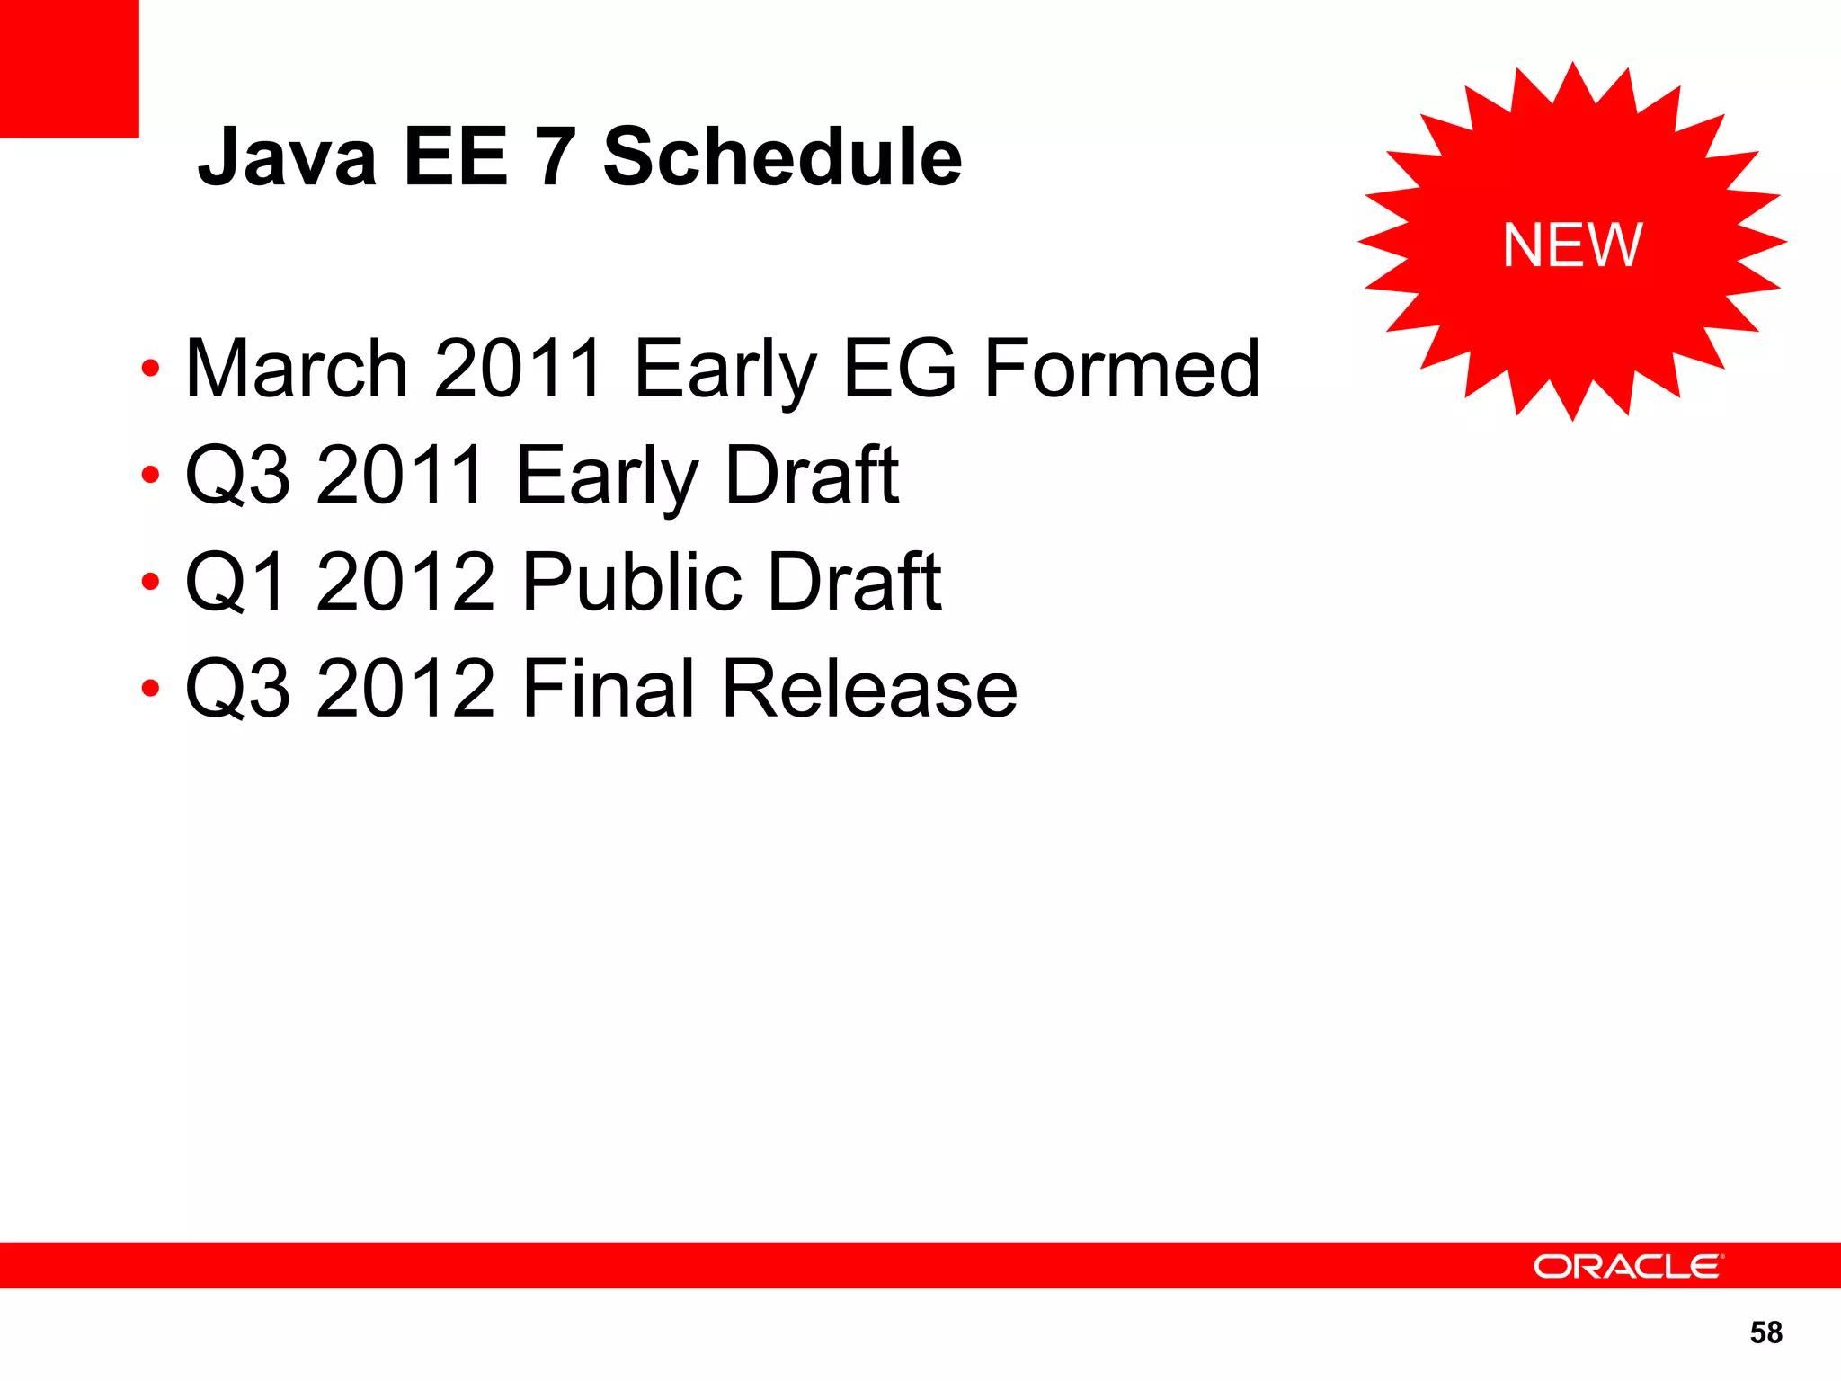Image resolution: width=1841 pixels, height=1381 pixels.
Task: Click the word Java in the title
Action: [x=287, y=157]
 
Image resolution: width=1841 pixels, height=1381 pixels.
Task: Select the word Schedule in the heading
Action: [x=782, y=157]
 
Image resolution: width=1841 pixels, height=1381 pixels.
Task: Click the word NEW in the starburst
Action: [x=1572, y=245]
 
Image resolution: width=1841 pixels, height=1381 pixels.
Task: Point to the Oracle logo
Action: [x=1628, y=1266]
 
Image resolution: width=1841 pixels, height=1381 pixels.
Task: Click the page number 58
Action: [x=1765, y=1332]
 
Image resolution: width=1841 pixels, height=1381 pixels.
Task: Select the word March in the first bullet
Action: [x=297, y=368]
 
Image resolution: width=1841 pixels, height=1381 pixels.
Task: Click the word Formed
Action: [x=1122, y=368]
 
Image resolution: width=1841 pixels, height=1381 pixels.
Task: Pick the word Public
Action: [x=632, y=582]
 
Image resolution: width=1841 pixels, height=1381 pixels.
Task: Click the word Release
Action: [x=869, y=689]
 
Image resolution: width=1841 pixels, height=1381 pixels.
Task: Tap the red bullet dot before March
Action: [x=150, y=369]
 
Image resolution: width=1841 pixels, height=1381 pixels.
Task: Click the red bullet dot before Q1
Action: [x=150, y=582]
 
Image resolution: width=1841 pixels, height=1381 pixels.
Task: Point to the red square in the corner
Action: [x=69, y=68]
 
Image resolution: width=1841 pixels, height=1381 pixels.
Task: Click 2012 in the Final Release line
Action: [x=405, y=689]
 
